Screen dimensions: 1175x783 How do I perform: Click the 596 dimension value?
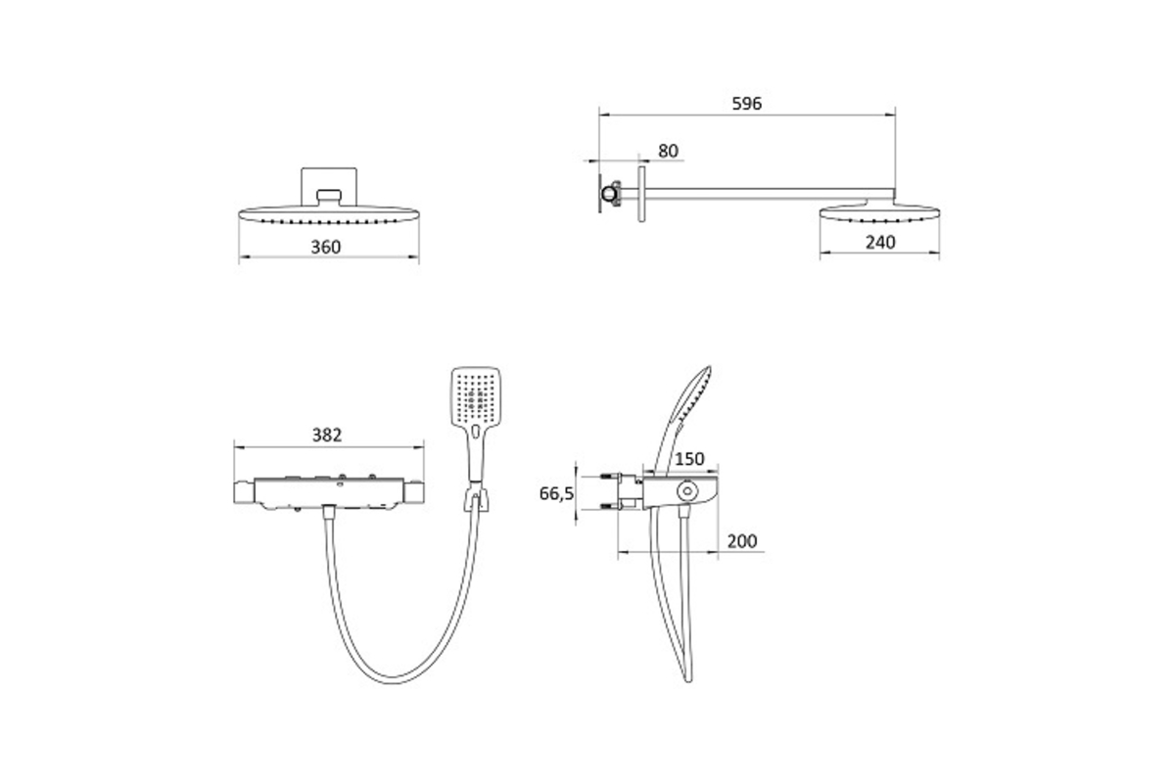coord(746,104)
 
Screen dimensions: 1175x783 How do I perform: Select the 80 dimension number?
coord(668,151)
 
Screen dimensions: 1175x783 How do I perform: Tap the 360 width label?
coord(326,247)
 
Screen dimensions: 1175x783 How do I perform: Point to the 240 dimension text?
coord(880,243)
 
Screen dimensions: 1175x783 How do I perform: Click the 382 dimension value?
coord(327,435)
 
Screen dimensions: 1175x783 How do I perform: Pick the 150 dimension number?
coord(689,459)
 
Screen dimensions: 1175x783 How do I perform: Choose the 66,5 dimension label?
coord(556,493)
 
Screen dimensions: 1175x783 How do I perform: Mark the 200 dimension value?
coord(742,540)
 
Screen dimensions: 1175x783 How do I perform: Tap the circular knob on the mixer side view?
coord(686,491)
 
